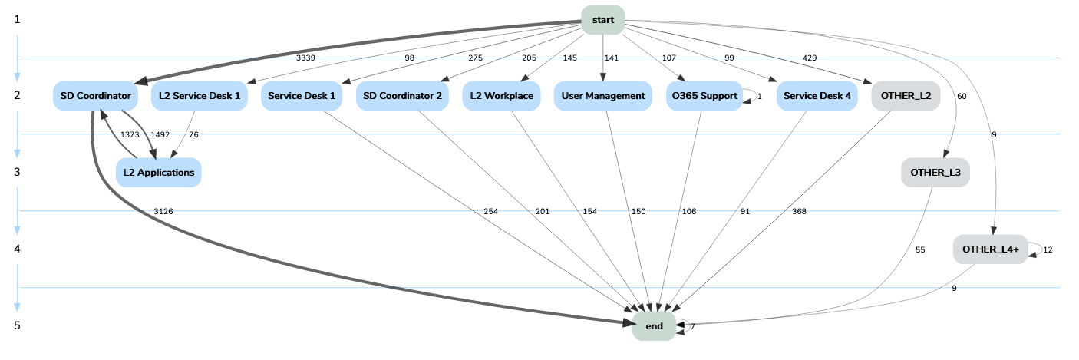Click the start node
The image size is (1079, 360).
pyautogui.click(x=602, y=20)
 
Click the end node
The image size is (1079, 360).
pyautogui.click(x=654, y=326)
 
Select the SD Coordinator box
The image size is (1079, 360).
pyautogui.click(x=96, y=96)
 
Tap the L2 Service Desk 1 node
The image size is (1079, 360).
pyautogui.click(x=199, y=96)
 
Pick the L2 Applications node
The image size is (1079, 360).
pyautogui.click(x=158, y=173)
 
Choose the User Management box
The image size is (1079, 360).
pyautogui.click(x=602, y=96)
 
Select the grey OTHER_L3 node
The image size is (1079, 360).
pyautogui.click(x=935, y=173)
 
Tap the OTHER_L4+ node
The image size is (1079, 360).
pyautogui.click(x=990, y=249)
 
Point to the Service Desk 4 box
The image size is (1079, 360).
pyautogui.click(x=817, y=96)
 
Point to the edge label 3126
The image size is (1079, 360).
pyautogui.click(x=163, y=211)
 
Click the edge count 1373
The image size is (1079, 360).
pyautogui.click(x=129, y=134)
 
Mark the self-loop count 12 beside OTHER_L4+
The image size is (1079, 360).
pyautogui.click(x=1048, y=249)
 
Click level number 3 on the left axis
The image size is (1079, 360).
pyautogui.click(x=17, y=172)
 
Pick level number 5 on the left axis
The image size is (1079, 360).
pyautogui.click(x=17, y=325)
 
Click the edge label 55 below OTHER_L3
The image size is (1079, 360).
pyautogui.click(x=920, y=249)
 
